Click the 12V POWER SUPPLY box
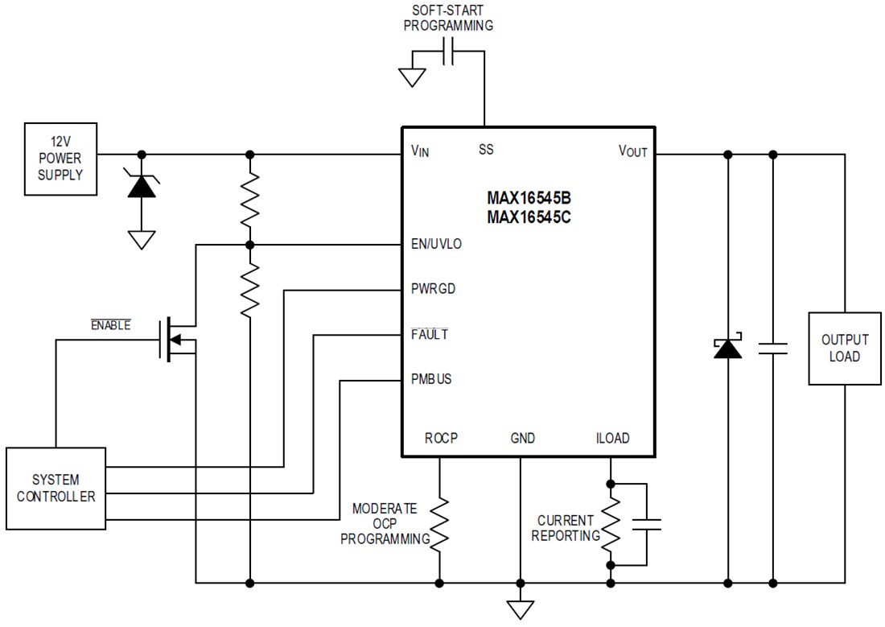[x=61, y=159]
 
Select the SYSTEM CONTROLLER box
[x=56, y=488]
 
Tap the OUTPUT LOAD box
[x=844, y=349]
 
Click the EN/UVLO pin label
[x=435, y=244]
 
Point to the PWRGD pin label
[x=432, y=289]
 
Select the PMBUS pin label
[x=430, y=379]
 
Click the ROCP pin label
[x=440, y=439]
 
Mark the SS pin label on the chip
[x=486, y=150]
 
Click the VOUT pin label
[x=632, y=151]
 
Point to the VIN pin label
[x=420, y=151]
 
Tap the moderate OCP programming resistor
[x=440, y=523]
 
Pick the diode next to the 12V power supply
[x=142, y=186]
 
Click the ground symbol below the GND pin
[x=521, y=609]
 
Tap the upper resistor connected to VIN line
[x=250, y=199]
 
